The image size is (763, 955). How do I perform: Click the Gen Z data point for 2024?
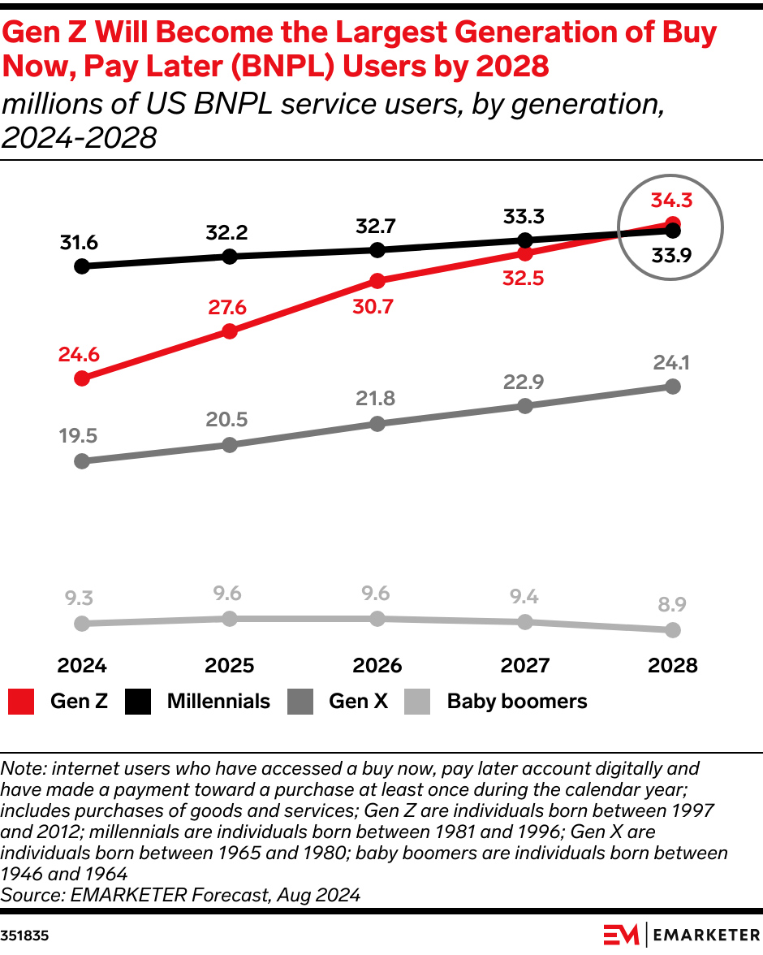[x=81, y=378]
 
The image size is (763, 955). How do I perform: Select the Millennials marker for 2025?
[x=230, y=257]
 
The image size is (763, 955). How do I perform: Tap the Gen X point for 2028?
[x=673, y=387]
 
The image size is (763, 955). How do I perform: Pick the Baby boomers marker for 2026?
[x=377, y=619]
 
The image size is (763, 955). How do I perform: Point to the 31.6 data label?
[x=79, y=242]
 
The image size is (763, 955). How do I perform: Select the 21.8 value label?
[x=375, y=399]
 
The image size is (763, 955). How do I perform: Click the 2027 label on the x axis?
[x=525, y=666]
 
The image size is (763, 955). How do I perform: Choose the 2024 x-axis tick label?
[x=82, y=666]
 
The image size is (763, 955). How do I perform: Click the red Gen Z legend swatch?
[x=21, y=702]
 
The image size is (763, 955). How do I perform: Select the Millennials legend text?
[x=218, y=702]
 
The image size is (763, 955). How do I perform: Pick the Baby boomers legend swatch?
[x=417, y=702]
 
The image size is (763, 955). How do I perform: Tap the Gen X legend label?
[x=358, y=702]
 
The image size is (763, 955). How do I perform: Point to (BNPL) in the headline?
[x=255, y=67]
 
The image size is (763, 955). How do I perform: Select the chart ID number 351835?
[x=24, y=936]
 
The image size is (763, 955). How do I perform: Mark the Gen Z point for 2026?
[x=377, y=281]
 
